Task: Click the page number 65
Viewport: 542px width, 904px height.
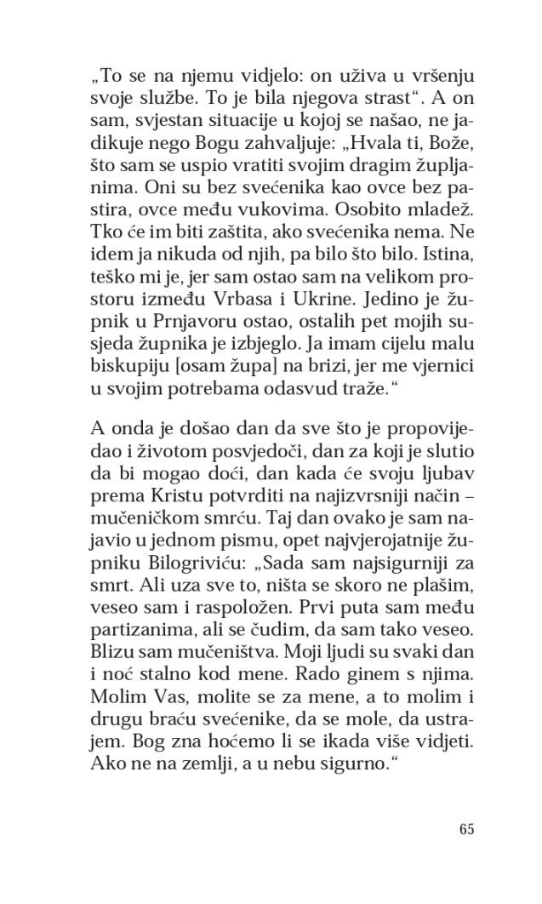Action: click(x=465, y=828)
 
